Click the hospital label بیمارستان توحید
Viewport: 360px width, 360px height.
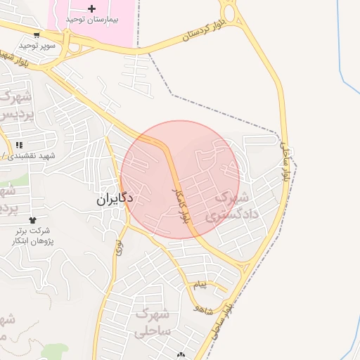[92, 19]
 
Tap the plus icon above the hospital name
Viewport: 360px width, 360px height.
[92, 8]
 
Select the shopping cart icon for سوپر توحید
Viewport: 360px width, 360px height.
[36, 34]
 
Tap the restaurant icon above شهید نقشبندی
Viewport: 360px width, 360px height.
[19, 145]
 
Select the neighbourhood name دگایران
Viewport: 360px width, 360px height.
[115, 199]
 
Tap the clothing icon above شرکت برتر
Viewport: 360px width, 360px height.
[32, 220]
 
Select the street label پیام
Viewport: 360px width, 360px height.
[201, 285]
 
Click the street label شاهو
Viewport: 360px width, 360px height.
[204, 308]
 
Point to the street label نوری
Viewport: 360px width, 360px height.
[119, 247]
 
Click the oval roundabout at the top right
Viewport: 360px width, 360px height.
[229, 12]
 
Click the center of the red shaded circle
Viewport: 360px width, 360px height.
[181, 179]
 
